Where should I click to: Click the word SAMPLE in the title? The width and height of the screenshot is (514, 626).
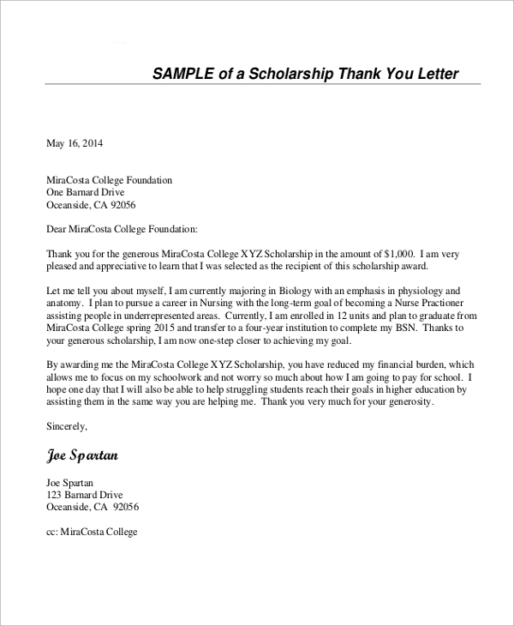182,74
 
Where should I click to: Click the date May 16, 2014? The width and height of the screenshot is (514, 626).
74,143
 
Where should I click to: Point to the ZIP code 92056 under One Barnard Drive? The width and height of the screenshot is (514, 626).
121,206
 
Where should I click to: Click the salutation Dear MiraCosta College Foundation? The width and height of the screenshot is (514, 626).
122,230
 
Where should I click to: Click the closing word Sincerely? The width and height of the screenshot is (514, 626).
67,425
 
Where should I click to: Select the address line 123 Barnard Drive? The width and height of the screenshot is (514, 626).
84,495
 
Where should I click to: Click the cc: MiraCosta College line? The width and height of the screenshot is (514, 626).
91,532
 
